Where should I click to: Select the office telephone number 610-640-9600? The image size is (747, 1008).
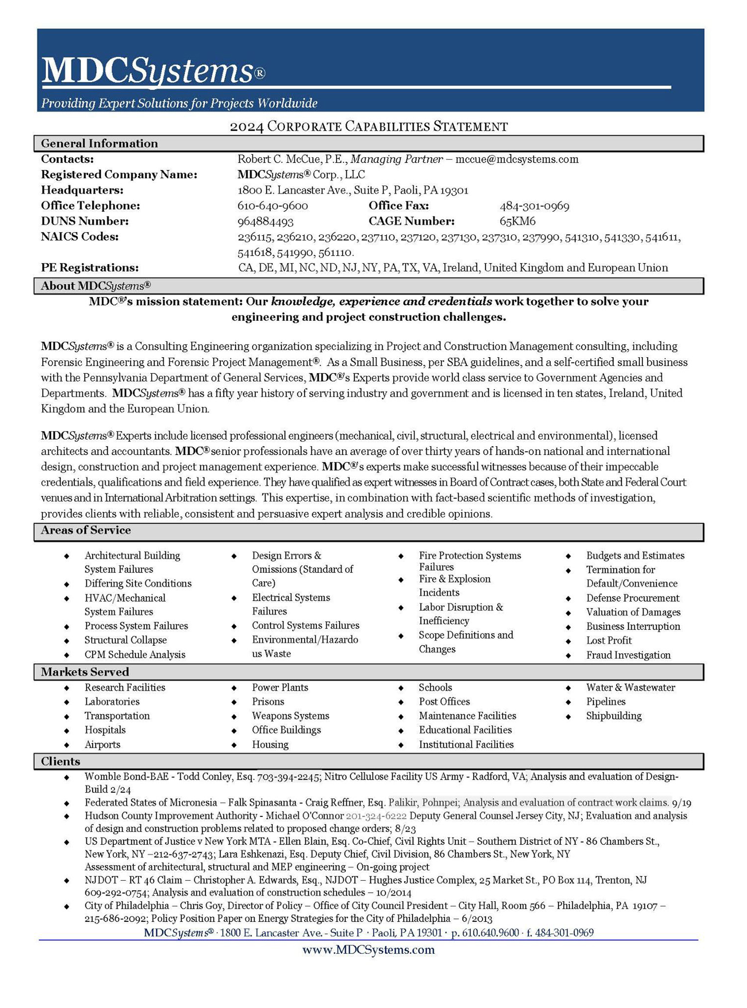(272, 206)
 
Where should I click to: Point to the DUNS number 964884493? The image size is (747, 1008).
(265, 222)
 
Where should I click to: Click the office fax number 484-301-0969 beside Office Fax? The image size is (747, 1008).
(534, 206)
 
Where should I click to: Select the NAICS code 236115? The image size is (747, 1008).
(255, 237)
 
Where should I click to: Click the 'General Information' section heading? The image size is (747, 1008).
(100, 143)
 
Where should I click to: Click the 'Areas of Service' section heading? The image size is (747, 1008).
(86, 530)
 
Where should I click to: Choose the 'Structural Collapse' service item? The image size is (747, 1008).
(125, 640)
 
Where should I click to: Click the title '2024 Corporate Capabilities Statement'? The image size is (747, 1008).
(369, 126)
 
